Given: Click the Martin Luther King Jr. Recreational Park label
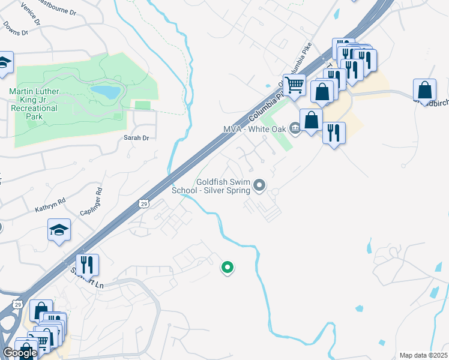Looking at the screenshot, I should click(x=34, y=104).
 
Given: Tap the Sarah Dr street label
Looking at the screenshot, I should click(x=136, y=138).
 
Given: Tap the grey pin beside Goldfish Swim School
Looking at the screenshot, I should click(x=259, y=185).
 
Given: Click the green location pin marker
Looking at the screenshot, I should click(x=227, y=267).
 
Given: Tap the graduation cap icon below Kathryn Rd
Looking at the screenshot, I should click(x=59, y=230).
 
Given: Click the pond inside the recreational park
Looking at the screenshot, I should click(x=105, y=92).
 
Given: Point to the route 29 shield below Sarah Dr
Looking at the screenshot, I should click(x=143, y=203).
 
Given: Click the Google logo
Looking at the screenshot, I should click(x=19, y=353).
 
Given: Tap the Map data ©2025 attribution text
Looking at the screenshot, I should click(x=423, y=355).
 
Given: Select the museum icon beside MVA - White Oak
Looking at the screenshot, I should click(x=295, y=128).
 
